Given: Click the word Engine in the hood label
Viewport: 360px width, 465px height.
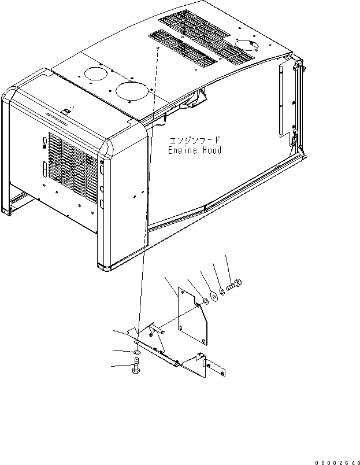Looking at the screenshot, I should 181,150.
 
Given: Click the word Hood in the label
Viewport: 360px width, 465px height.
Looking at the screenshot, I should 210,150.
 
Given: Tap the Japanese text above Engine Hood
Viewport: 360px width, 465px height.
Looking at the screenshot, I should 195,141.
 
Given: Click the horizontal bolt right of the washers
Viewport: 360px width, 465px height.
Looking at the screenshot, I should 235,285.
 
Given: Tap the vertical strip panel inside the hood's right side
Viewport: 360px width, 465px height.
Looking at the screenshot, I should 283,99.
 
